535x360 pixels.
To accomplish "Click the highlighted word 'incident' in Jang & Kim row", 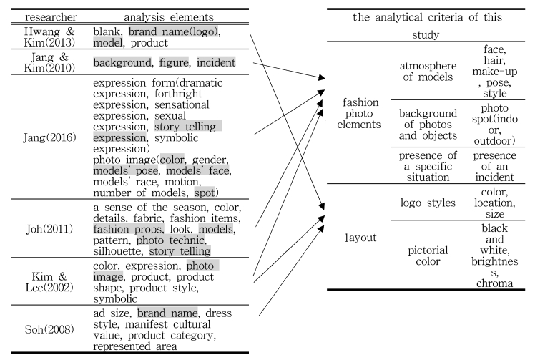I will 216,64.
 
